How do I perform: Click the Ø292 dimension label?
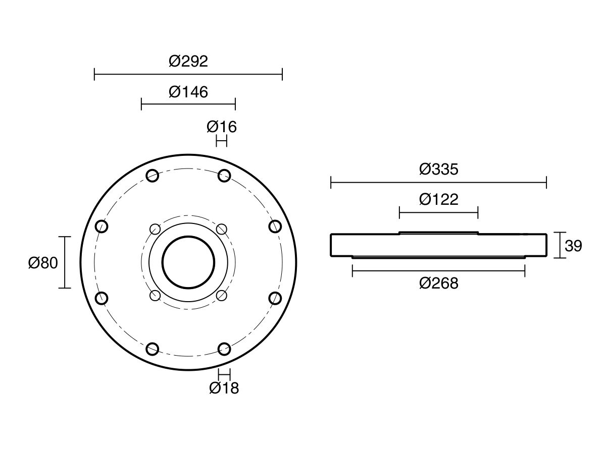(188, 62)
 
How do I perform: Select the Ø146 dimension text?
(188, 92)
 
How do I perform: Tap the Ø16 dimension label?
(222, 127)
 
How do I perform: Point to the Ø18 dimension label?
(224, 388)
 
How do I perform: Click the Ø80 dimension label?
(43, 263)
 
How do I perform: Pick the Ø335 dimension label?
(438, 169)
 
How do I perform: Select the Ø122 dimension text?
(438, 200)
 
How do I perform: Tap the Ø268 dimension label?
(438, 283)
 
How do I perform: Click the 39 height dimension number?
(573, 246)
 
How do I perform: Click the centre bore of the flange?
(188, 262)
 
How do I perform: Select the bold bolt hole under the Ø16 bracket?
(224, 176)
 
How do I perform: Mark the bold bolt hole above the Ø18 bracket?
(224, 349)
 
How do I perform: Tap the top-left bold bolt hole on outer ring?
(153, 176)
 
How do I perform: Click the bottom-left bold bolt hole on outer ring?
(153, 349)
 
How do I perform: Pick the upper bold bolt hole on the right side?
(275, 226)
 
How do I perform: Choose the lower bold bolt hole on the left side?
(102, 298)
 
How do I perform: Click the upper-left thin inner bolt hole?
(156, 229)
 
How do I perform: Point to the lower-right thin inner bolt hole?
(221, 295)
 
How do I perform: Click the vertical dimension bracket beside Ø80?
(65, 262)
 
